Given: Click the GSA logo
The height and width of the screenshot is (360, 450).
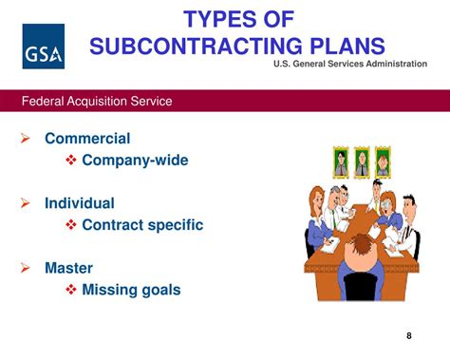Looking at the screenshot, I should [43, 47].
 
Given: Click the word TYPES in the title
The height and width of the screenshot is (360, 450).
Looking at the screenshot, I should [220, 18].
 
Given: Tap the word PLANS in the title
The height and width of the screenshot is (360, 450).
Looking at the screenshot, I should [340, 47].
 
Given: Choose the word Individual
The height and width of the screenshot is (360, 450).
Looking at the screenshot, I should [80, 203].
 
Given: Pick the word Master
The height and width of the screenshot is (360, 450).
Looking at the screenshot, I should [69, 268].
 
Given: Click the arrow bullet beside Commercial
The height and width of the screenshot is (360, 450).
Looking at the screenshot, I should [26, 139].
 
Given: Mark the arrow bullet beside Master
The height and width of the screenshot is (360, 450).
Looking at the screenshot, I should [26, 269].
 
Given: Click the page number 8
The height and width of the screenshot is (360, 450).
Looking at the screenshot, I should [409, 335].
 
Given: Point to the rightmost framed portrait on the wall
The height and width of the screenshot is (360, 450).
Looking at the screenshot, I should [382, 161].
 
